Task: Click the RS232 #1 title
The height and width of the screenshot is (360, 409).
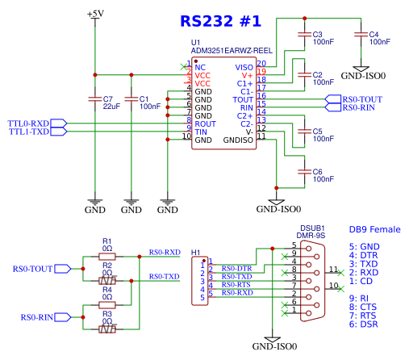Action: point(220,21)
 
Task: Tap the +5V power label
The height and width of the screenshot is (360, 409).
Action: point(95,14)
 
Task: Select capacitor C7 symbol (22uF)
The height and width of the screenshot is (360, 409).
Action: point(95,99)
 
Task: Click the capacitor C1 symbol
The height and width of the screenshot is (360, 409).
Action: point(131,99)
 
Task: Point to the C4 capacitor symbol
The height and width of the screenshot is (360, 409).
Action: point(361,35)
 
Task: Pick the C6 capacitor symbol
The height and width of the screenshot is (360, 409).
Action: point(304,172)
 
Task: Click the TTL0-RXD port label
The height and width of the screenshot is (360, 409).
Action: point(28,123)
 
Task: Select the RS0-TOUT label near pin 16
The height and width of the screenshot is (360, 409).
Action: point(362,99)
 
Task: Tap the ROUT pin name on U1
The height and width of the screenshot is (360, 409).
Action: point(205,124)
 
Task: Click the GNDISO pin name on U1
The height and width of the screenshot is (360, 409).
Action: point(238,140)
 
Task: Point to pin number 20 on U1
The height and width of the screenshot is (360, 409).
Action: point(261,63)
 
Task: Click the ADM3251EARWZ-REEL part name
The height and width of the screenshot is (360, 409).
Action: point(232,51)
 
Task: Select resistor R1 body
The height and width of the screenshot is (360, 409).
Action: point(107,257)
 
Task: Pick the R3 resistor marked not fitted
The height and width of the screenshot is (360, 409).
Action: point(107,329)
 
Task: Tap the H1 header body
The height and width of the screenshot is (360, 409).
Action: point(199,281)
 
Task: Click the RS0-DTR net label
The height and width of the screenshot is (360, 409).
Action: point(236,269)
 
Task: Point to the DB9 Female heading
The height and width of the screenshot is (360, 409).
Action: point(374,229)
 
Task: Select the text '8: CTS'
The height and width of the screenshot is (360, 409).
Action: point(363,307)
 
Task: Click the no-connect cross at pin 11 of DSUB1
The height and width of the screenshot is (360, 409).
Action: point(340,273)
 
